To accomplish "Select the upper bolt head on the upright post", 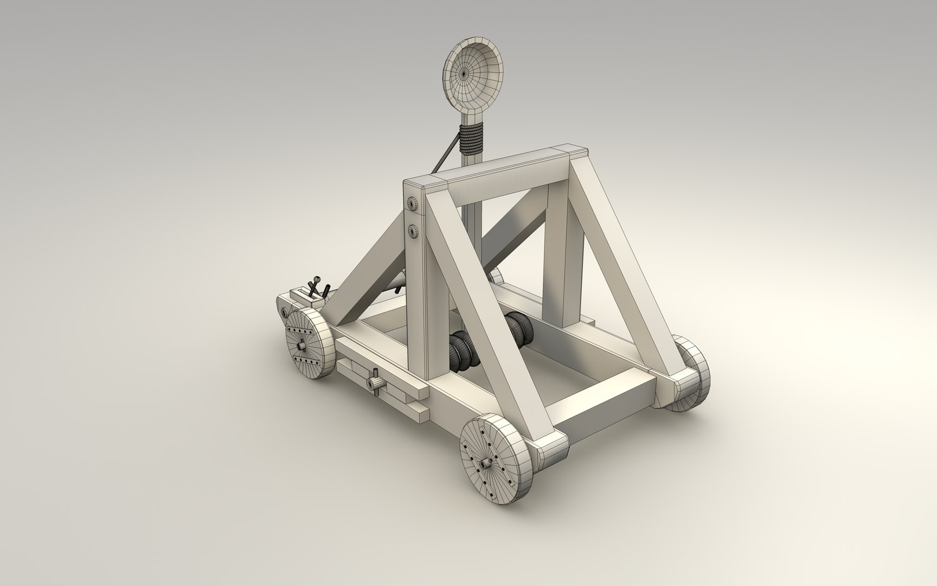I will click(x=414, y=204).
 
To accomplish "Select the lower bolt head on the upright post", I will click(x=414, y=231).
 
